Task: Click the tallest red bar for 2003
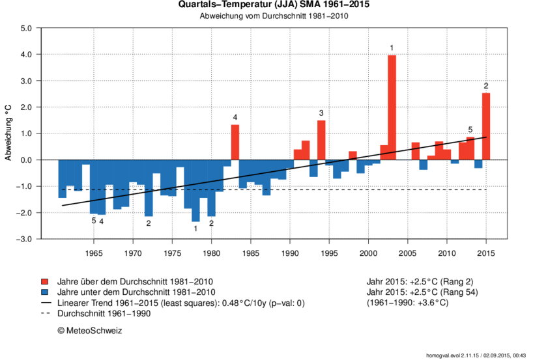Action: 392,107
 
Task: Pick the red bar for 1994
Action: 321,140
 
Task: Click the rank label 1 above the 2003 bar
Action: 392,48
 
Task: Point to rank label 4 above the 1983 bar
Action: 235,117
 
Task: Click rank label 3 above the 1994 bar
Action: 321,113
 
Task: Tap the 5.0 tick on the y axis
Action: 26,29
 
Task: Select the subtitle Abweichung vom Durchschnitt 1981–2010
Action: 266,16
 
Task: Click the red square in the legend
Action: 45,281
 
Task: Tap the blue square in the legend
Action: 45,292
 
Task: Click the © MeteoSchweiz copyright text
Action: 90,331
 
